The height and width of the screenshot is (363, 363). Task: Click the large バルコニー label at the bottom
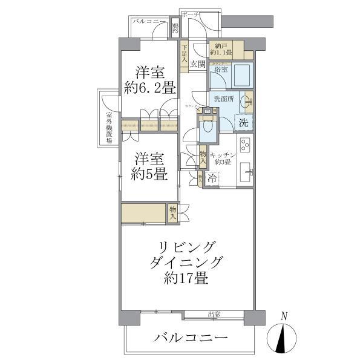(x=191, y=337)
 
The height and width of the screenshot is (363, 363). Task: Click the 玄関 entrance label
(x=197, y=64)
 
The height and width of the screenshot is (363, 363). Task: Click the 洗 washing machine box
(x=243, y=122)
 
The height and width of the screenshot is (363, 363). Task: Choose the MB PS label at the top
(x=175, y=28)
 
